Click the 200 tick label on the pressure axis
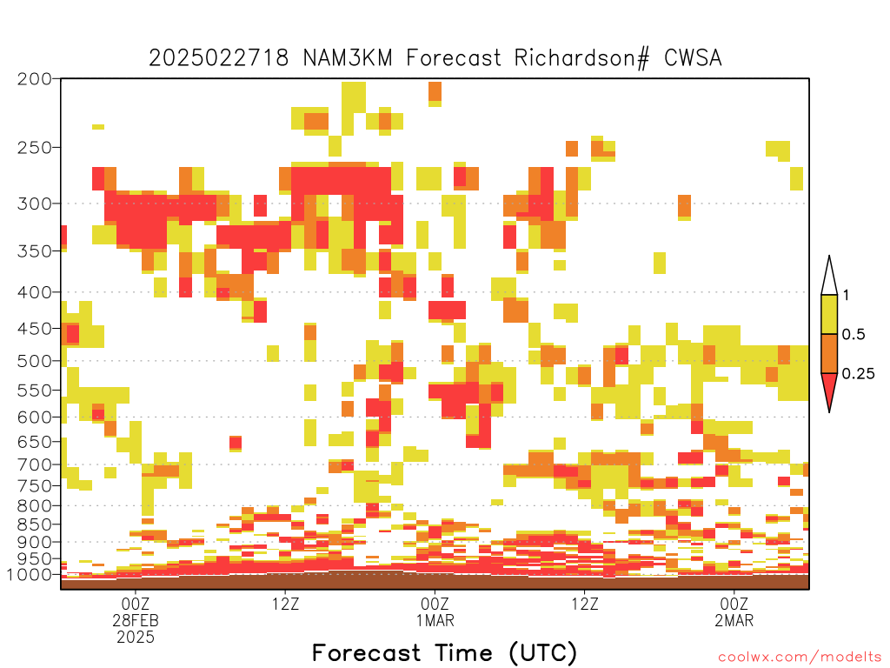pos(35,79)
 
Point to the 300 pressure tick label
pos(35,204)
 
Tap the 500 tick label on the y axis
pos(35,361)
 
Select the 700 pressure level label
pos(35,464)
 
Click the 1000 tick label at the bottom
pos(30,575)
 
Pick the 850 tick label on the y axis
pos(35,524)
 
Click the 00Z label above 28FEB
pos(135,604)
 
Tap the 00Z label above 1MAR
pos(435,604)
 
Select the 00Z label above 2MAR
pos(734,604)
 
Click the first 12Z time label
pos(285,604)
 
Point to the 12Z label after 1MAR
pos(585,604)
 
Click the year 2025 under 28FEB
pos(136,637)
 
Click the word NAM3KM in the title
pos(348,58)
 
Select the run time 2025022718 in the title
pos(219,58)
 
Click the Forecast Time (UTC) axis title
pos(444,653)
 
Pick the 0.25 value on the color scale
pos(858,374)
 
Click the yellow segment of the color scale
pos(829,314)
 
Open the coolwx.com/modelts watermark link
pos(800,658)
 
